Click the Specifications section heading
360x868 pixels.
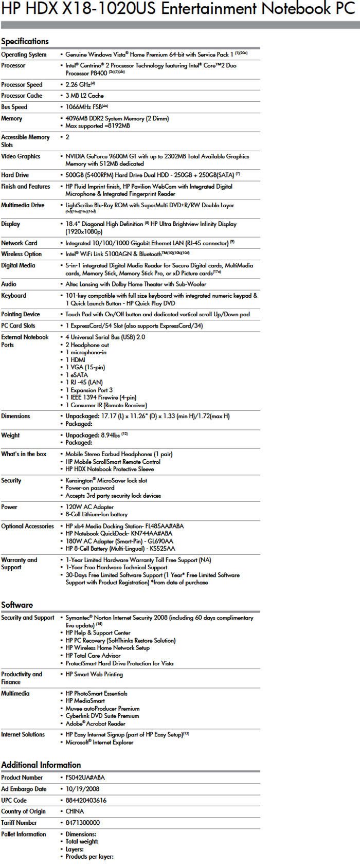point(25,41)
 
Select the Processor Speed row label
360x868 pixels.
point(22,84)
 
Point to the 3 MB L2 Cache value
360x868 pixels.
point(84,96)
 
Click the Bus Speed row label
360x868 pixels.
point(14,107)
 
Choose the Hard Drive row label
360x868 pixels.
point(15,175)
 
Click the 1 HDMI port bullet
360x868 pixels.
point(75,360)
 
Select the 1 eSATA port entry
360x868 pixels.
point(77,375)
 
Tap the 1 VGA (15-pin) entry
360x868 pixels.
point(85,367)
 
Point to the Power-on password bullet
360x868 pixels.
point(89,488)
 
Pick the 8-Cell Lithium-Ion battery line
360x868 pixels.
point(96,514)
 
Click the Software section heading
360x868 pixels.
point(17,605)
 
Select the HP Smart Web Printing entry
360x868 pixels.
point(94,674)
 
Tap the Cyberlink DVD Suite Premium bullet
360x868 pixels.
point(102,716)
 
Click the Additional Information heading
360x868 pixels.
point(41,765)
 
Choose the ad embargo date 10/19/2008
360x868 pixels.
point(82,789)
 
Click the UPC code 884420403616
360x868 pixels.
point(86,800)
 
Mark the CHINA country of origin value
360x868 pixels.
point(75,811)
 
